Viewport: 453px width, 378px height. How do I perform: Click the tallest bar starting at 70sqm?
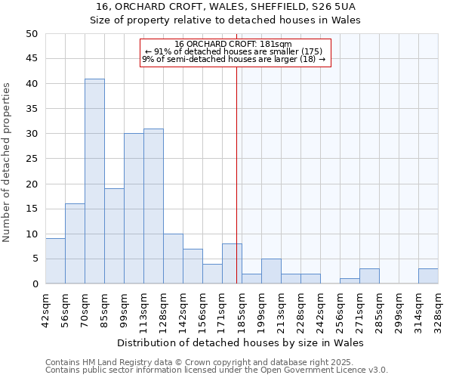pyautogui.click(x=94, y=181)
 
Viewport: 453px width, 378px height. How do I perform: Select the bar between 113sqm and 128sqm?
pyautogui.click(x=153, y=206)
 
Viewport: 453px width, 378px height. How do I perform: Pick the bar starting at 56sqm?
pyautogui.click(x=75, y=243)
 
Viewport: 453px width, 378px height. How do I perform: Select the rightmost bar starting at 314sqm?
pyautogui.click(x=428, y=277)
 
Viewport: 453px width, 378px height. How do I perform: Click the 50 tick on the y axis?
pyautogui.click(x=32, y=34)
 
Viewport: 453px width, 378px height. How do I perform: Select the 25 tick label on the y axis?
pyautogui.click(x=32, y=159)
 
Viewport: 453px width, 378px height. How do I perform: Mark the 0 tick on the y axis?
pyautogui.click(x=35, y=284)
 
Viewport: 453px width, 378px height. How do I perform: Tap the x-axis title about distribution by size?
pyautogui.click(x=240, y=342)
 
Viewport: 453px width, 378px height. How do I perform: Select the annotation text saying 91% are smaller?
pyautogui.click(x=233, y=51)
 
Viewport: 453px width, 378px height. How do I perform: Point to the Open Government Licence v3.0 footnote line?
pyautogui.click(x=217, y=370)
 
